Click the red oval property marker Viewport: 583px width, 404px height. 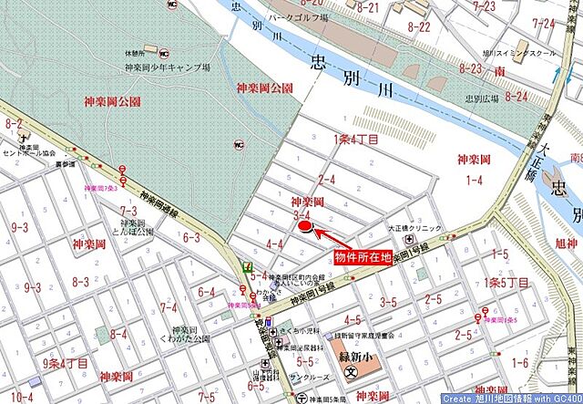[x=304, y=225]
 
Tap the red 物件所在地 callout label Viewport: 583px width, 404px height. [x=363, y=258]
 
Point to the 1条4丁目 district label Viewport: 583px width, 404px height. [x=356, y=139]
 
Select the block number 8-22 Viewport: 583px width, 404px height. [x=419, y=26]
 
